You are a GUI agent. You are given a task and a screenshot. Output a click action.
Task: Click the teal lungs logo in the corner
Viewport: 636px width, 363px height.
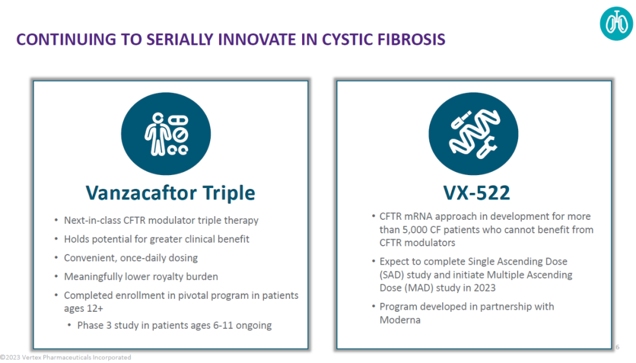616,23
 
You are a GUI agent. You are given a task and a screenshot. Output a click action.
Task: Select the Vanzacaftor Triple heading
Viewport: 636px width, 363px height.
170,193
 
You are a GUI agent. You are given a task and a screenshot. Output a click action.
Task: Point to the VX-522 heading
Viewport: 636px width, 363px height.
476,193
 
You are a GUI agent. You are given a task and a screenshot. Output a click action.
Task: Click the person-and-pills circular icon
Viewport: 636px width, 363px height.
166,134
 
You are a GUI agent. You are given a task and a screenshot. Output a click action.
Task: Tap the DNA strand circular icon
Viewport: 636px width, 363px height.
473,134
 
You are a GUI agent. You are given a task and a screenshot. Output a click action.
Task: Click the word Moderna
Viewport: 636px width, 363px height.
400,320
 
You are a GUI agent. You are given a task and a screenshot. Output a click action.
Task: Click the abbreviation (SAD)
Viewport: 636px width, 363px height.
392,275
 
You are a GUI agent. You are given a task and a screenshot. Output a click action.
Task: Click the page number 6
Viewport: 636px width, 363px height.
617,346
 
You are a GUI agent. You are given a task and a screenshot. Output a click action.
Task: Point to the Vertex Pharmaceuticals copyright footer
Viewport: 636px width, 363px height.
66,357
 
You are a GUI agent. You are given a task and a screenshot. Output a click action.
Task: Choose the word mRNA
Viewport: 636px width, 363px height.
418,216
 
